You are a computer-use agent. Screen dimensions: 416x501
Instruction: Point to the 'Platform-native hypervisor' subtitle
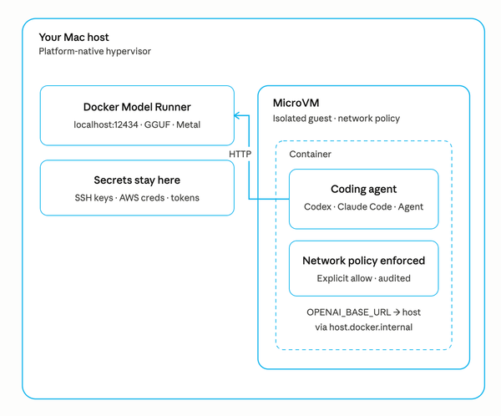[x=94, y=52]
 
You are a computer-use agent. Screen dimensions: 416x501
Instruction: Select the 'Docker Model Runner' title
[x=137, y=107]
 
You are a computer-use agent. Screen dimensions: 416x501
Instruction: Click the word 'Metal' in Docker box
[x=187, y=124]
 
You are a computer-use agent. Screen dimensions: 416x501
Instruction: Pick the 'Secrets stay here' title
[x=137, y=180]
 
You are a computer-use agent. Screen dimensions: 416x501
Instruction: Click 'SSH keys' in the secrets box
[x=94, y=198]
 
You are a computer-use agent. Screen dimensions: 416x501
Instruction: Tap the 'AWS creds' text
[x=144, y=198]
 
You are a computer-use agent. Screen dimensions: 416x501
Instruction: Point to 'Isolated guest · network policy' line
[x=336, y=119]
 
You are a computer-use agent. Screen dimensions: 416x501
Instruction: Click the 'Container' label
[x=310, y=155]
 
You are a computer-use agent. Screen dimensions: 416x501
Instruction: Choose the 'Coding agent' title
[x=363, y=190]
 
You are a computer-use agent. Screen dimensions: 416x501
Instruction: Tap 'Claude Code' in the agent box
[x=363, y=207]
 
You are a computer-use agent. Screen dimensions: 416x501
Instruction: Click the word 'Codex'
[x=318, y=207]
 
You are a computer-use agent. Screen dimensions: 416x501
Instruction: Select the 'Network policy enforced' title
[x=363, y=261]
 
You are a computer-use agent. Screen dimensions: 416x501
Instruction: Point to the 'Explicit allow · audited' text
[x=363, y=278]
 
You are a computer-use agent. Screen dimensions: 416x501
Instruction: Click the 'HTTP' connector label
[x=240, y=155]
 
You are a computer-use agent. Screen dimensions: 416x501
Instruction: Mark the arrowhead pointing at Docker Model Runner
[x=237, y=116]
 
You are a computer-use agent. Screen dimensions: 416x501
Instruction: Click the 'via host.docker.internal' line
[x=363, y=327]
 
